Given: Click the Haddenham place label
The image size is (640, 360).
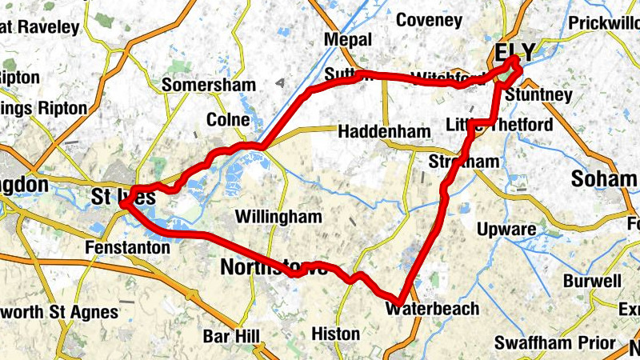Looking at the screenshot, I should click(x=378, y=130).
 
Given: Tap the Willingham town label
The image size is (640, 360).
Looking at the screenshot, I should click(x=279, y=217).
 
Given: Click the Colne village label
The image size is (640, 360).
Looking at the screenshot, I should click(x=228, y=120).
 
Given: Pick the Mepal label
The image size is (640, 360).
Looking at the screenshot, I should click(x=348, y=40).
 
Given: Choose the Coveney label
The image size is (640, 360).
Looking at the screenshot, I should click(x=429, y=19).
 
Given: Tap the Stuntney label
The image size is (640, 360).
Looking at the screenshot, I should click(x=539, y=95).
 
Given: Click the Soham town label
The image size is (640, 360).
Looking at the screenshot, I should click(x=604, y=178).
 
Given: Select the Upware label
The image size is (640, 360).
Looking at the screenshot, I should click(x=506, y=230).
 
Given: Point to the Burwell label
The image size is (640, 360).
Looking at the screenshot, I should click(x=592, y=281).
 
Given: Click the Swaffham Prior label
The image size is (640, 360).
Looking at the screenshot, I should click(x=554, y=343).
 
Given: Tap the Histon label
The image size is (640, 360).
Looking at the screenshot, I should click(x=335, y=333).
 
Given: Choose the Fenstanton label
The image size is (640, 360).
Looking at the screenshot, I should click(x=128, y=248).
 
